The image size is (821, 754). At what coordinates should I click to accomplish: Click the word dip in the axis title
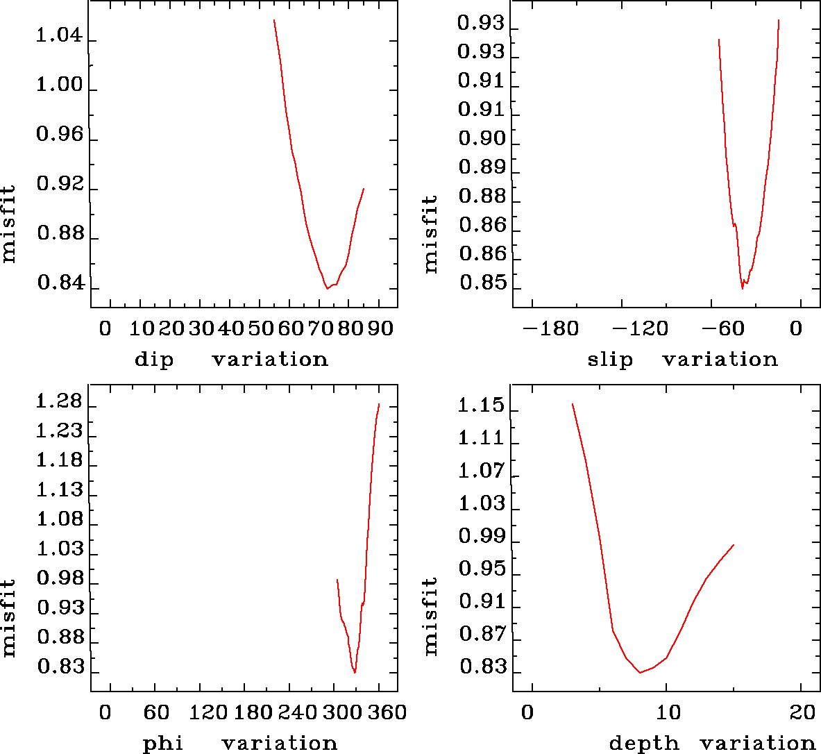pos(154,360)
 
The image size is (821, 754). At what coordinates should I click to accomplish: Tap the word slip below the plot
pos(610,360)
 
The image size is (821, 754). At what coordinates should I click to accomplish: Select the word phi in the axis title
pos(163,744)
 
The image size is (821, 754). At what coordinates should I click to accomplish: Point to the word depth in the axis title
pos(643,744)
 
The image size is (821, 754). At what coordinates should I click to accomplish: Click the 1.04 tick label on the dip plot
pos(60,36)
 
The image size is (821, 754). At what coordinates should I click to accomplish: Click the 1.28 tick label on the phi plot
pos(60,403)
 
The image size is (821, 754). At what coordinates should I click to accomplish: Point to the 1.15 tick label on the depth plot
pos(482,405)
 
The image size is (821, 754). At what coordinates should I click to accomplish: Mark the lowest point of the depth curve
pos(640,672)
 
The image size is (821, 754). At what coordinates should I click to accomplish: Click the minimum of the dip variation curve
pos(328,288)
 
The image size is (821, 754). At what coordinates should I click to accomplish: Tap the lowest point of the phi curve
pos(355,672)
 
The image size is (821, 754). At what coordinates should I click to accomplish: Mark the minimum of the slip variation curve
pos(742,287)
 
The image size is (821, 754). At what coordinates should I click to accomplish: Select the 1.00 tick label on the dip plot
pos(60,85)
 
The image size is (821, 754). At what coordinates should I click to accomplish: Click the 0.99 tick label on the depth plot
pos(482,536)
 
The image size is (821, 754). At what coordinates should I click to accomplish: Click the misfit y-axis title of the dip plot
pos(8,224)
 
